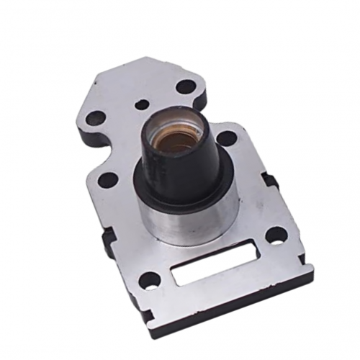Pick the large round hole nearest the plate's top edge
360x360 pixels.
[185, 86]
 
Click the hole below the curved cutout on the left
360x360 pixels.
[108, 179]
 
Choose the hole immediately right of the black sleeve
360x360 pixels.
[226, 138]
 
